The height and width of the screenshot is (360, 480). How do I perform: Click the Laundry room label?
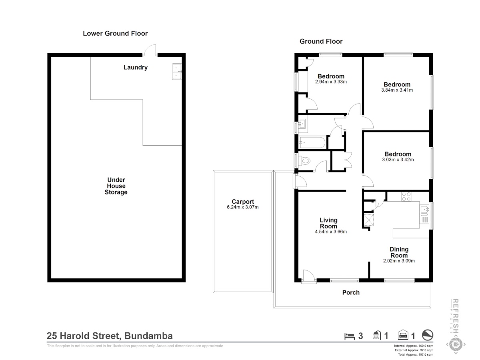pos(136,67)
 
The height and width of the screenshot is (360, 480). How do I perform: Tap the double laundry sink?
pos(177,72)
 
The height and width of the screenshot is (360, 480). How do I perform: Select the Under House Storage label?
pos(116,186)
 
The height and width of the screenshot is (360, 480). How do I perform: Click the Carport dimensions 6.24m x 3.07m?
pos(243,207)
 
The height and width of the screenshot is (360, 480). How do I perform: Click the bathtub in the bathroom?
pos(313,142)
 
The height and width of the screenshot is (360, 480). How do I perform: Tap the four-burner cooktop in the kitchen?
pos(406,196)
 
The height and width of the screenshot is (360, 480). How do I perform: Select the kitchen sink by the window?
pos(424,209)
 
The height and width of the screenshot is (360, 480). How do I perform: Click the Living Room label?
pos(328,223)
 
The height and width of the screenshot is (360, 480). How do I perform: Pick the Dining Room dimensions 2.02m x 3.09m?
pos(399,261)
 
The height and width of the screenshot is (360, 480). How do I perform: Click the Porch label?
pos(351,292)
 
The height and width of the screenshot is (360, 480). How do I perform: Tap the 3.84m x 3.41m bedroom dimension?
pos(397,90)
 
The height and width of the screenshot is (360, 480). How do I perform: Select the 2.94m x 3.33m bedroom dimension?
pos(331,82)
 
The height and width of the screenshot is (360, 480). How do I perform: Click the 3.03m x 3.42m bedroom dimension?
pos(398,160)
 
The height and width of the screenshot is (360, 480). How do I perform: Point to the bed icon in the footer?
pos(350,336)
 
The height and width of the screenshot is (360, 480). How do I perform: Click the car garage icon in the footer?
pos(403,335)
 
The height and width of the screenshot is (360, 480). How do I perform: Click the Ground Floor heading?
pos(321,41)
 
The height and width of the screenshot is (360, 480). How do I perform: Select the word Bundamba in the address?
pos(148,336)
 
